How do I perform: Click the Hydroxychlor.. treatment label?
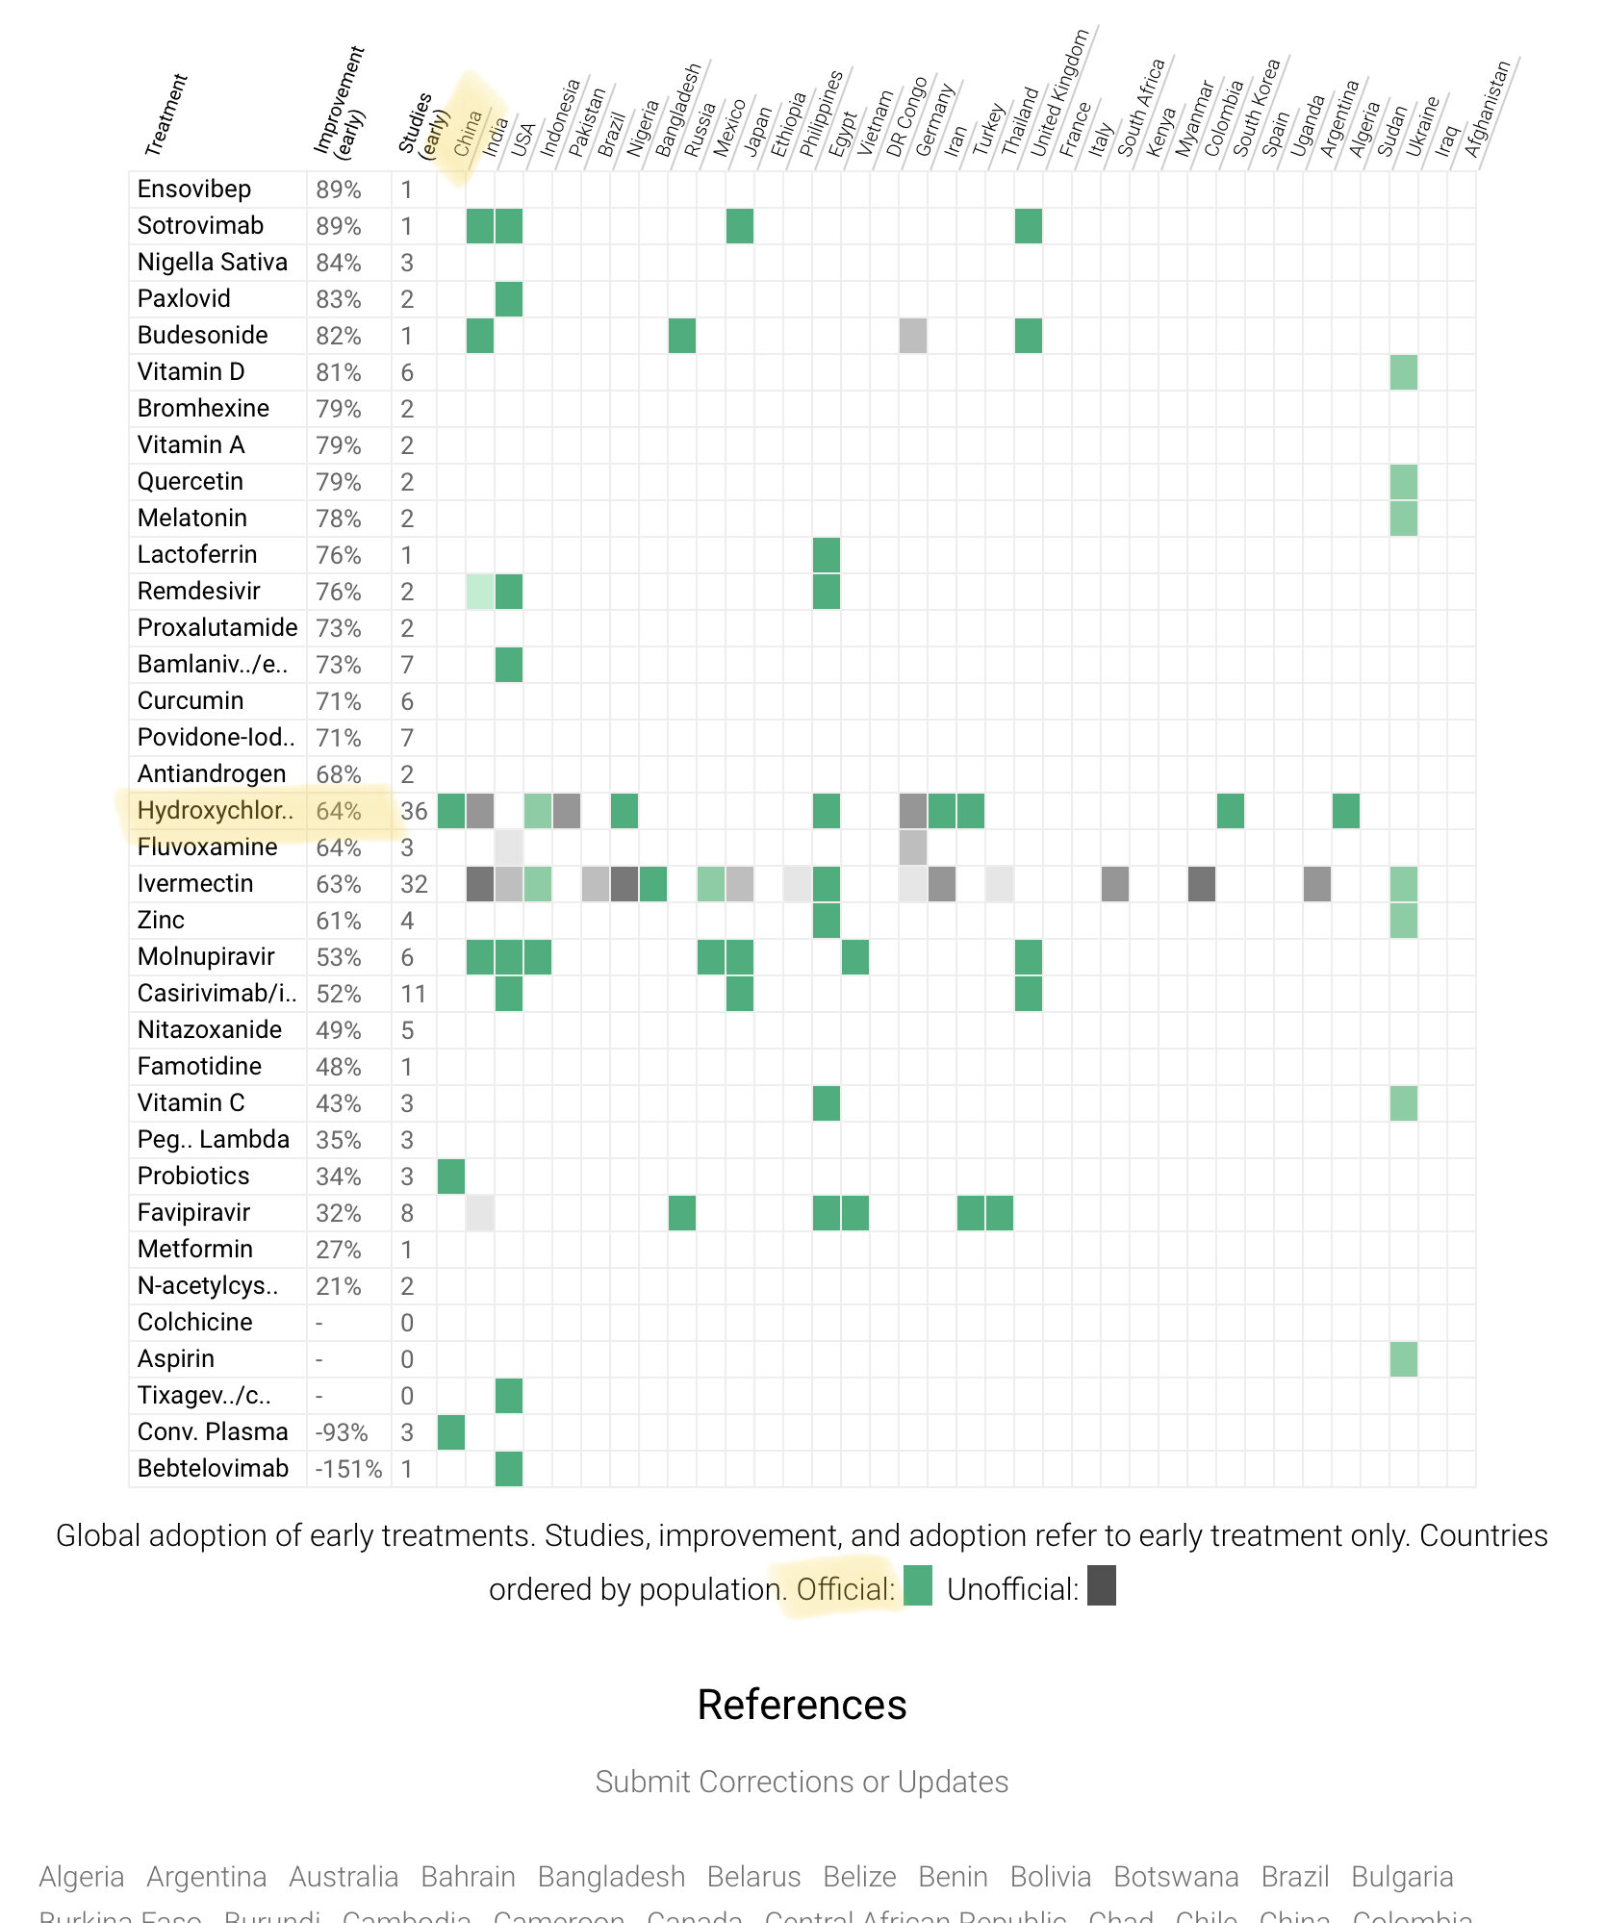pos(215,811)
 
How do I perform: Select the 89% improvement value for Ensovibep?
pos(338,190)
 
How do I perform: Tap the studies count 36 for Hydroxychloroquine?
pos(414,811)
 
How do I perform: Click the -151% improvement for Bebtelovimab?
pos(348,1469)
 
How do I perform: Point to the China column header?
pos(468,134)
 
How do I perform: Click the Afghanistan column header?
pos(1488,111)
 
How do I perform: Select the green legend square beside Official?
pos(918,1586)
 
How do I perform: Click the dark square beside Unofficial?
pos(1102,1586)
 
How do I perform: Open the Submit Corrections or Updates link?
pos(802,1782)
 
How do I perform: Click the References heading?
pos(802,1705)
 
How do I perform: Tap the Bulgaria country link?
pos(1402,1877)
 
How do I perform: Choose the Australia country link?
pos(344,1877)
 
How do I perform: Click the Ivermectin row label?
pos(195,884)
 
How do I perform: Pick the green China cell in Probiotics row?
pos(451,1177)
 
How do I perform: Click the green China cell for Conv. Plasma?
pos(451,1432)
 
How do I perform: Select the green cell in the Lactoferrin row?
pos(827,555)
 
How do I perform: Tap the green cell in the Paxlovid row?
pos(509,299)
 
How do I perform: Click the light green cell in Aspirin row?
pos(1404,1359)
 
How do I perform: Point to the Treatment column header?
pos(166,115)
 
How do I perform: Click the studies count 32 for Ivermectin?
pos(414,884)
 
